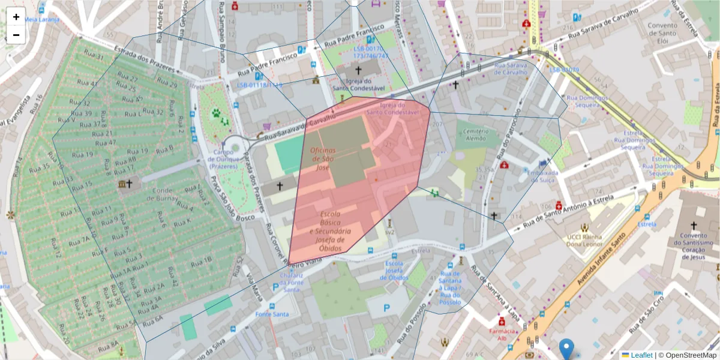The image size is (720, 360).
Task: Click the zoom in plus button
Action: point(16,17)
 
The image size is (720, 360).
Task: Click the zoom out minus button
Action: point(16,35)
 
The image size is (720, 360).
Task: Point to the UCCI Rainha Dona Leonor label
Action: point(584,240)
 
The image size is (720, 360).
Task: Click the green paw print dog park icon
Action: point(215,112)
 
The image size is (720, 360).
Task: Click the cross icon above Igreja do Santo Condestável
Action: point(358,70)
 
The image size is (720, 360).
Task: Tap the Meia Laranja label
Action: point(42,19)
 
